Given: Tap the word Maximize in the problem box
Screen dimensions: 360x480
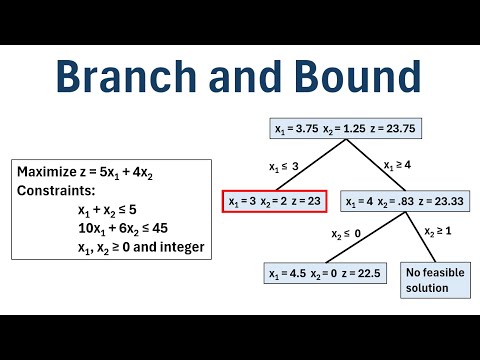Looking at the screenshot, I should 47,171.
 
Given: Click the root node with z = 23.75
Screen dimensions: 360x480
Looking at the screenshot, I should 337,128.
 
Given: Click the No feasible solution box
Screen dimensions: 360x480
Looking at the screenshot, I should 437,280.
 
